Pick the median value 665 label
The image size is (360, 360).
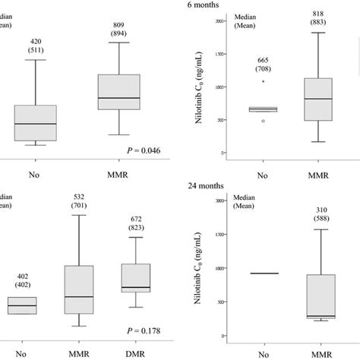tap(264, 60)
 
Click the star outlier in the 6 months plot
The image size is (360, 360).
tap(264, 81)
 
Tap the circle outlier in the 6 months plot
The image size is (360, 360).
tap(264, 120)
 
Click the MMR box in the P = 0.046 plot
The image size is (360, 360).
tap(118, 92)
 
